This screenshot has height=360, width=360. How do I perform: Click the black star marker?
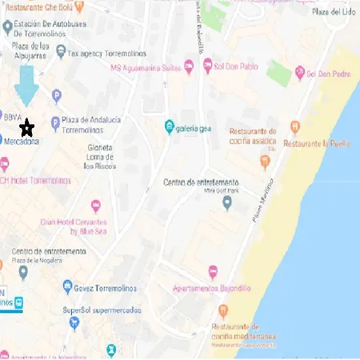point(26,126)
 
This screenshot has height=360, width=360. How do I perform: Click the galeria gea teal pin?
point(169,126)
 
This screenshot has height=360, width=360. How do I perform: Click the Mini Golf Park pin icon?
point(227,202)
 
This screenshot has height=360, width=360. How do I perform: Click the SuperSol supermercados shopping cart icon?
point(74,322)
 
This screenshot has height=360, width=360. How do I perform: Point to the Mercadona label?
point(22,140)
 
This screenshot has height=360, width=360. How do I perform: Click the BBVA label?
point(13,117)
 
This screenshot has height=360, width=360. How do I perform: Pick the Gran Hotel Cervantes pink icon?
point(97,206)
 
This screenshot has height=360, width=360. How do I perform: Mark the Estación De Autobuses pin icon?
point(8,28)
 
